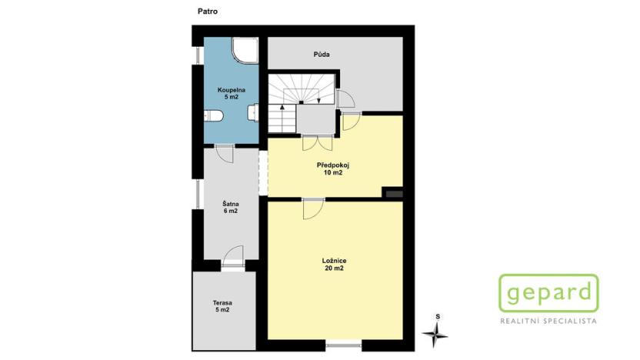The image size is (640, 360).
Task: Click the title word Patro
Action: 206,12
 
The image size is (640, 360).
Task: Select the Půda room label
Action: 322,55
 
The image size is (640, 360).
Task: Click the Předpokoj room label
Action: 332,165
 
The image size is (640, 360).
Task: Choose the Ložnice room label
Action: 333,261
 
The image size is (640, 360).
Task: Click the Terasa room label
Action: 222,303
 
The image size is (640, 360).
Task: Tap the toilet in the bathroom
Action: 214,116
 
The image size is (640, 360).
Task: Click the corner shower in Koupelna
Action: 246,50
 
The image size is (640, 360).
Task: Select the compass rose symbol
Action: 435,332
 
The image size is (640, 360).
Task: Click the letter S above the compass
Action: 437,316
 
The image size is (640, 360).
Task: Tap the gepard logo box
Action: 548,293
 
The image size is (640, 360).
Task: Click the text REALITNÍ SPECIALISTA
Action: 548,321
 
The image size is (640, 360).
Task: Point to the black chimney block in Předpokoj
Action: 394,194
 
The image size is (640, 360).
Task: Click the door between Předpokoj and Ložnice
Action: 313,207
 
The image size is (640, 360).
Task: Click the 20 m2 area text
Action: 333,268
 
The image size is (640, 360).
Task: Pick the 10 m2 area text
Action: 332,173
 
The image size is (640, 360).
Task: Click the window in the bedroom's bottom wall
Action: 342,346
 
